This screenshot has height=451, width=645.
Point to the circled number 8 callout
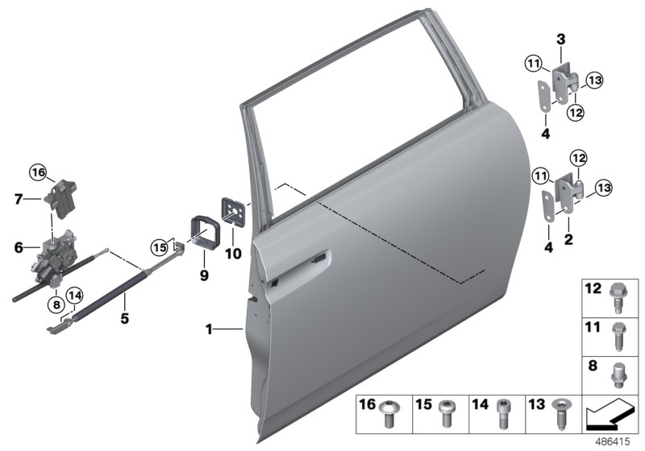56,304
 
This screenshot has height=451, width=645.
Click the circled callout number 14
74,296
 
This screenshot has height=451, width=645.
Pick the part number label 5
124,318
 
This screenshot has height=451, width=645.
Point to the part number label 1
209,329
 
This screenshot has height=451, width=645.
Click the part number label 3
561,38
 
